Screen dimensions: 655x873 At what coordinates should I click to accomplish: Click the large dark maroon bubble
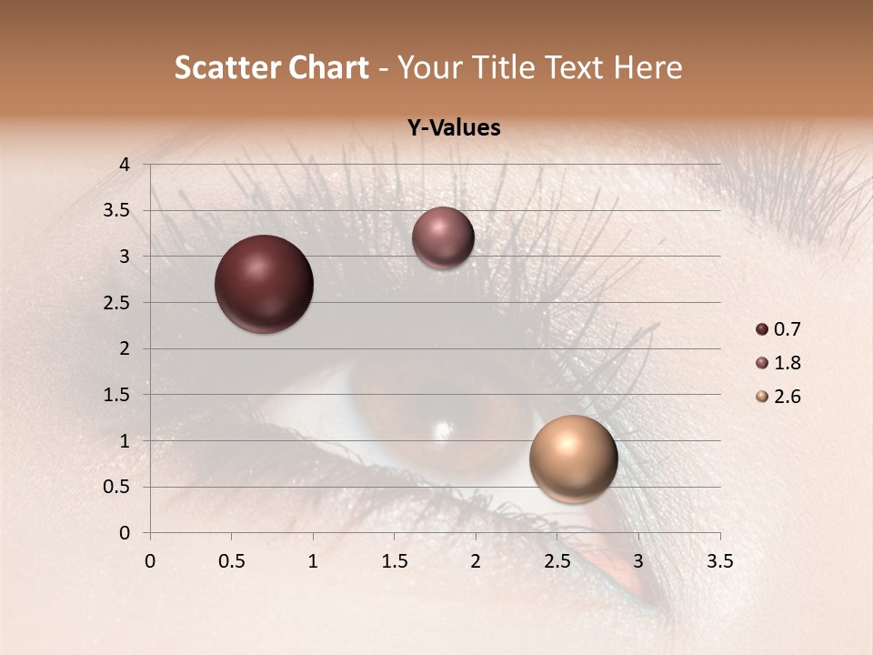(265, 284)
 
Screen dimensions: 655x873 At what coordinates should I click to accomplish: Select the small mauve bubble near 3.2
(443, 237)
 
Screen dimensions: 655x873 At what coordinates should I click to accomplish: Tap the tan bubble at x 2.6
(573, 458)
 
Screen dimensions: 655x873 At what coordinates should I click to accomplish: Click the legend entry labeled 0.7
(778, 329)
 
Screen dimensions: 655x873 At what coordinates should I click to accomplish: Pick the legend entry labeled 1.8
(778, 363)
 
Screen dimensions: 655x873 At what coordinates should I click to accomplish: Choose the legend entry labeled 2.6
(778, 397)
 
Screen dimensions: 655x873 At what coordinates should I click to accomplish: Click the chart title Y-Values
(453, 128)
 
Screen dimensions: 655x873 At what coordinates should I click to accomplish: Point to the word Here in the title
(647, 67)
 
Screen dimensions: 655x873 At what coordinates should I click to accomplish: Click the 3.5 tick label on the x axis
(719, 562)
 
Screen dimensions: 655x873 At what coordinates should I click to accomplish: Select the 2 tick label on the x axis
(476, 562)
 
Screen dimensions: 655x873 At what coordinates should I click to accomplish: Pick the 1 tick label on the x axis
(313, 562)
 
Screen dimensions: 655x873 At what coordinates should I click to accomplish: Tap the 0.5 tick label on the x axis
(231, 562)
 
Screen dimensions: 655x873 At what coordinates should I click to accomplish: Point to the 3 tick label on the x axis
(638, 562)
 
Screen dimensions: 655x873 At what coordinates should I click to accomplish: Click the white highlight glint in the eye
(443, 429)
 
